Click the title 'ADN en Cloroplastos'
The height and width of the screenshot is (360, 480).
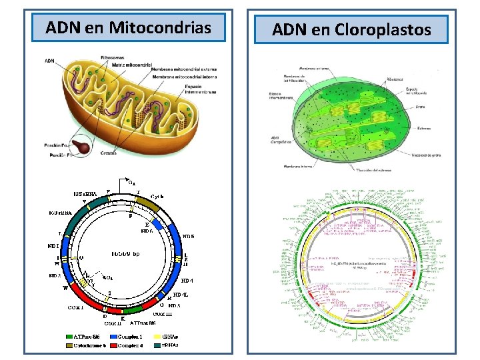click(351, 29)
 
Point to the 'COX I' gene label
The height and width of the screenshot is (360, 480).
click(75, 307)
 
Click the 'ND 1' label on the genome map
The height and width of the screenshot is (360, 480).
click(54, 245)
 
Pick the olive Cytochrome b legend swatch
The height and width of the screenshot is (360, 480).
click(70, 345)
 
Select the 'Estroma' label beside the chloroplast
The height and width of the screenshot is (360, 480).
click(424, 128)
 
